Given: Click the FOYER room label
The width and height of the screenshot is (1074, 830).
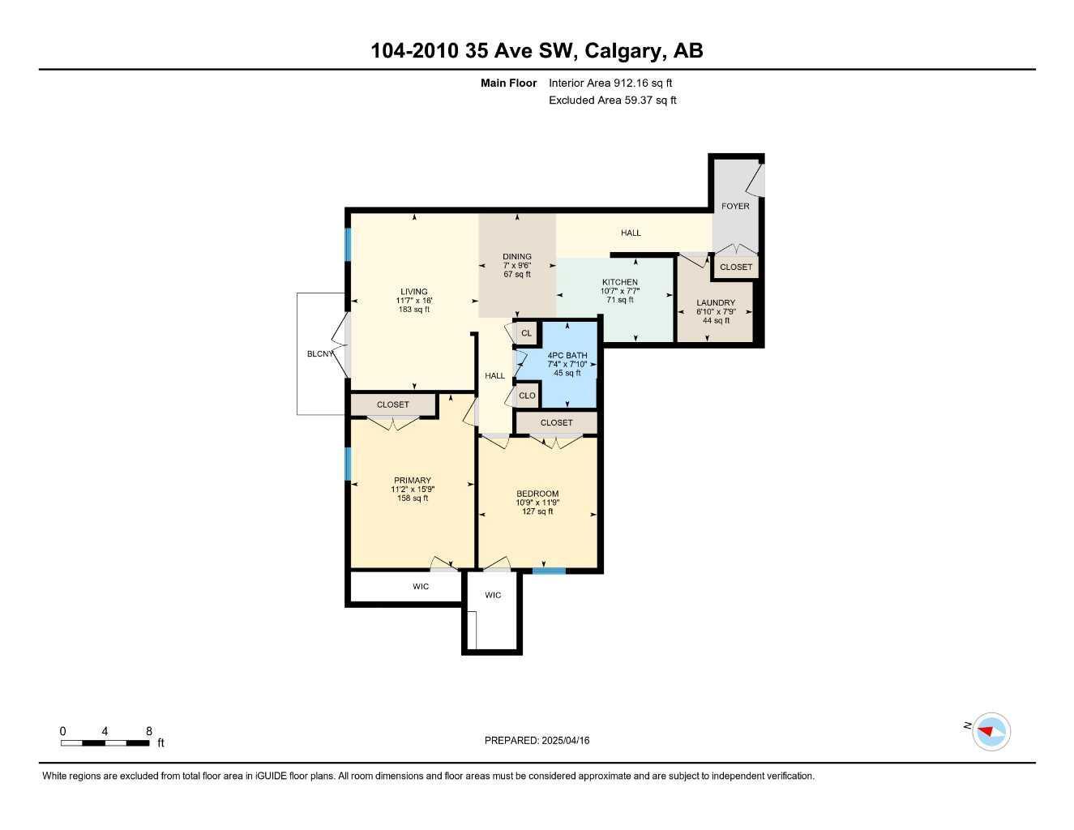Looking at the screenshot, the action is (x=735, y=206).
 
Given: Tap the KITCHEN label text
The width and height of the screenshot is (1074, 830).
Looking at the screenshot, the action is (x=620, y=282).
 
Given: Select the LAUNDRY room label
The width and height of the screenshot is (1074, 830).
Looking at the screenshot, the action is (x=716, y=302).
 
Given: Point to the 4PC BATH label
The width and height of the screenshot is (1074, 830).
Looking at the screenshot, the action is (x=567, y=355).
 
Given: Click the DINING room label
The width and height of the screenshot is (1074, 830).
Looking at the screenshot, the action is (x=517, y=256).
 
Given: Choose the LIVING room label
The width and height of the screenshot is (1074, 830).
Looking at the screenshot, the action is (x=413, y=292).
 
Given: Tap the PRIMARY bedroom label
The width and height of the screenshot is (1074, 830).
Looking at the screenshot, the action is (x=413, y=480).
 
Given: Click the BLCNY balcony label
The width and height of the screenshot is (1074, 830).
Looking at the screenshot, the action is (x=320, y=353).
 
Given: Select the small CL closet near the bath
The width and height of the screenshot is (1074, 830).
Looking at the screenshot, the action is (x=526, y=333).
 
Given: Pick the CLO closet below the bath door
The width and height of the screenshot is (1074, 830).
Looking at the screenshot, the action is (x=527, y=396).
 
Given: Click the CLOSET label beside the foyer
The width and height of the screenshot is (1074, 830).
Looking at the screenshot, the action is (x=736, y=267).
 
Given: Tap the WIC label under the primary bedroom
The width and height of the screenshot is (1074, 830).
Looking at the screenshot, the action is (x=421, y=587).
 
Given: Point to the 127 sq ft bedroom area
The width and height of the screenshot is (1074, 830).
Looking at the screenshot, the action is (x=537, y=511).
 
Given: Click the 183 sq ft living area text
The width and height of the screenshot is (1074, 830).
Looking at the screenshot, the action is (x=413, y=310).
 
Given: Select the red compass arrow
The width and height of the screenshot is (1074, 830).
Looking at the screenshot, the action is (x=985, y=730).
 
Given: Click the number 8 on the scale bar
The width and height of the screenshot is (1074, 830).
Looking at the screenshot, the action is (x=149, y=731).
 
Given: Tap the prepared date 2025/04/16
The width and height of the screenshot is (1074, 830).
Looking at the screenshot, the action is (x=566, y=740).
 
